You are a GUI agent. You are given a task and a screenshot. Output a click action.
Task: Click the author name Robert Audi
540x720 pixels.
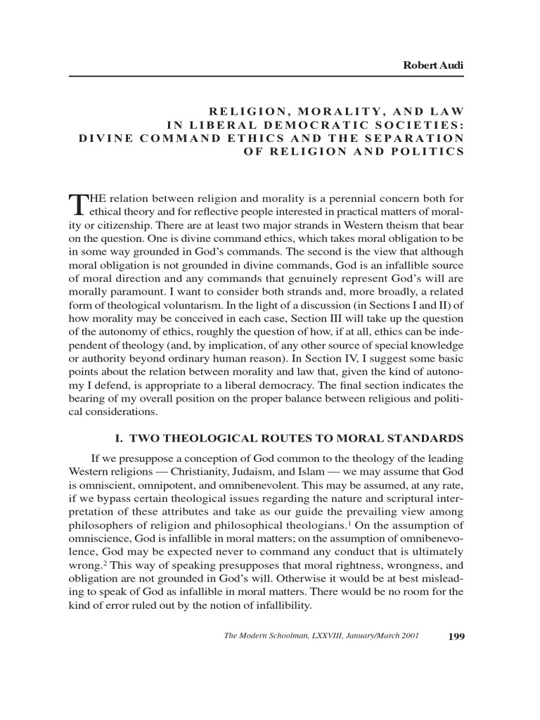click(433, 65)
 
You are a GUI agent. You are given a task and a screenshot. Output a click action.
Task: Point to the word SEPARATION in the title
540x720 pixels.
click(416, 138)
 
